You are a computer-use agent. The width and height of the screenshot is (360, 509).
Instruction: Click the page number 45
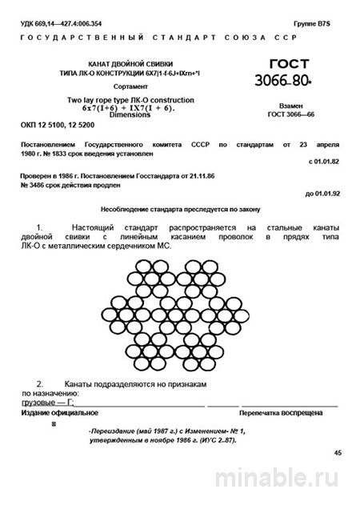point(337,453)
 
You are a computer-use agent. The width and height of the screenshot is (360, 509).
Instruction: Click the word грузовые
point(38,403)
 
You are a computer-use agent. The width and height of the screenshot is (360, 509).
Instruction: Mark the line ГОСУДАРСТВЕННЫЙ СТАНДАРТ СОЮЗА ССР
point(179,38)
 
